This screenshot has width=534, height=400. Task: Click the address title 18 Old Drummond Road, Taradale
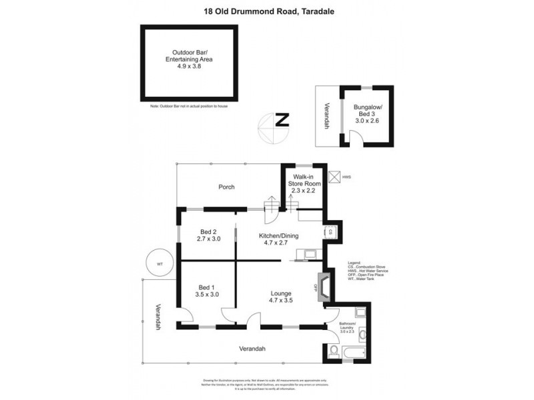(267, 11)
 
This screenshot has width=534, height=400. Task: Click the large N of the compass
(282, 121)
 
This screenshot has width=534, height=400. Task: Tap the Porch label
(226, 187)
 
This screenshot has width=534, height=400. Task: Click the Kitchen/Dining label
(278, 235)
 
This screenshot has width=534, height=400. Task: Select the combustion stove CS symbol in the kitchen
(330, 233)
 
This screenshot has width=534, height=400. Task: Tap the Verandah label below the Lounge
(253, 349)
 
